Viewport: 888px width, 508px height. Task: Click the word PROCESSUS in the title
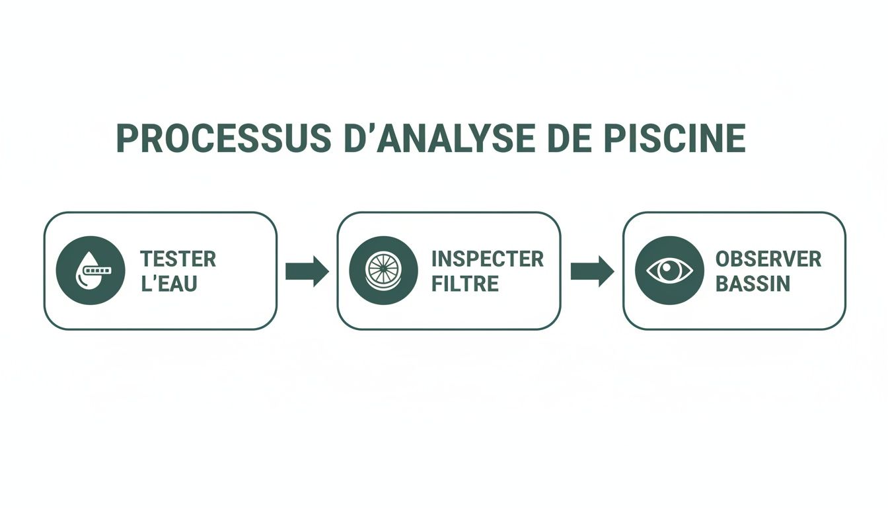(x=224, y=138)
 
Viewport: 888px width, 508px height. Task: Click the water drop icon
(x=91, y=270)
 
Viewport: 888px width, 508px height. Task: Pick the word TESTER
(x=178, y=259)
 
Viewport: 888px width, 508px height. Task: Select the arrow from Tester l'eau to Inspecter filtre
(x=307, y=271)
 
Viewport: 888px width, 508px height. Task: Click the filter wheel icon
(x=383, y=270)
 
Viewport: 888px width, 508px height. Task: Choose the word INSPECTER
(x=487, y=259)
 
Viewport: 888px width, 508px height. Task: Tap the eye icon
(x=669, y=271)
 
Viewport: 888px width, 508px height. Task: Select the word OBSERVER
(x=768, y=259)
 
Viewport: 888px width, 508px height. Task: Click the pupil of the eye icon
(x=669, y=271)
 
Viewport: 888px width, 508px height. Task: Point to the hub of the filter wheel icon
(x=383, y=270)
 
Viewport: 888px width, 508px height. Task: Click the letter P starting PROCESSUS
(x=126, y=138)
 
